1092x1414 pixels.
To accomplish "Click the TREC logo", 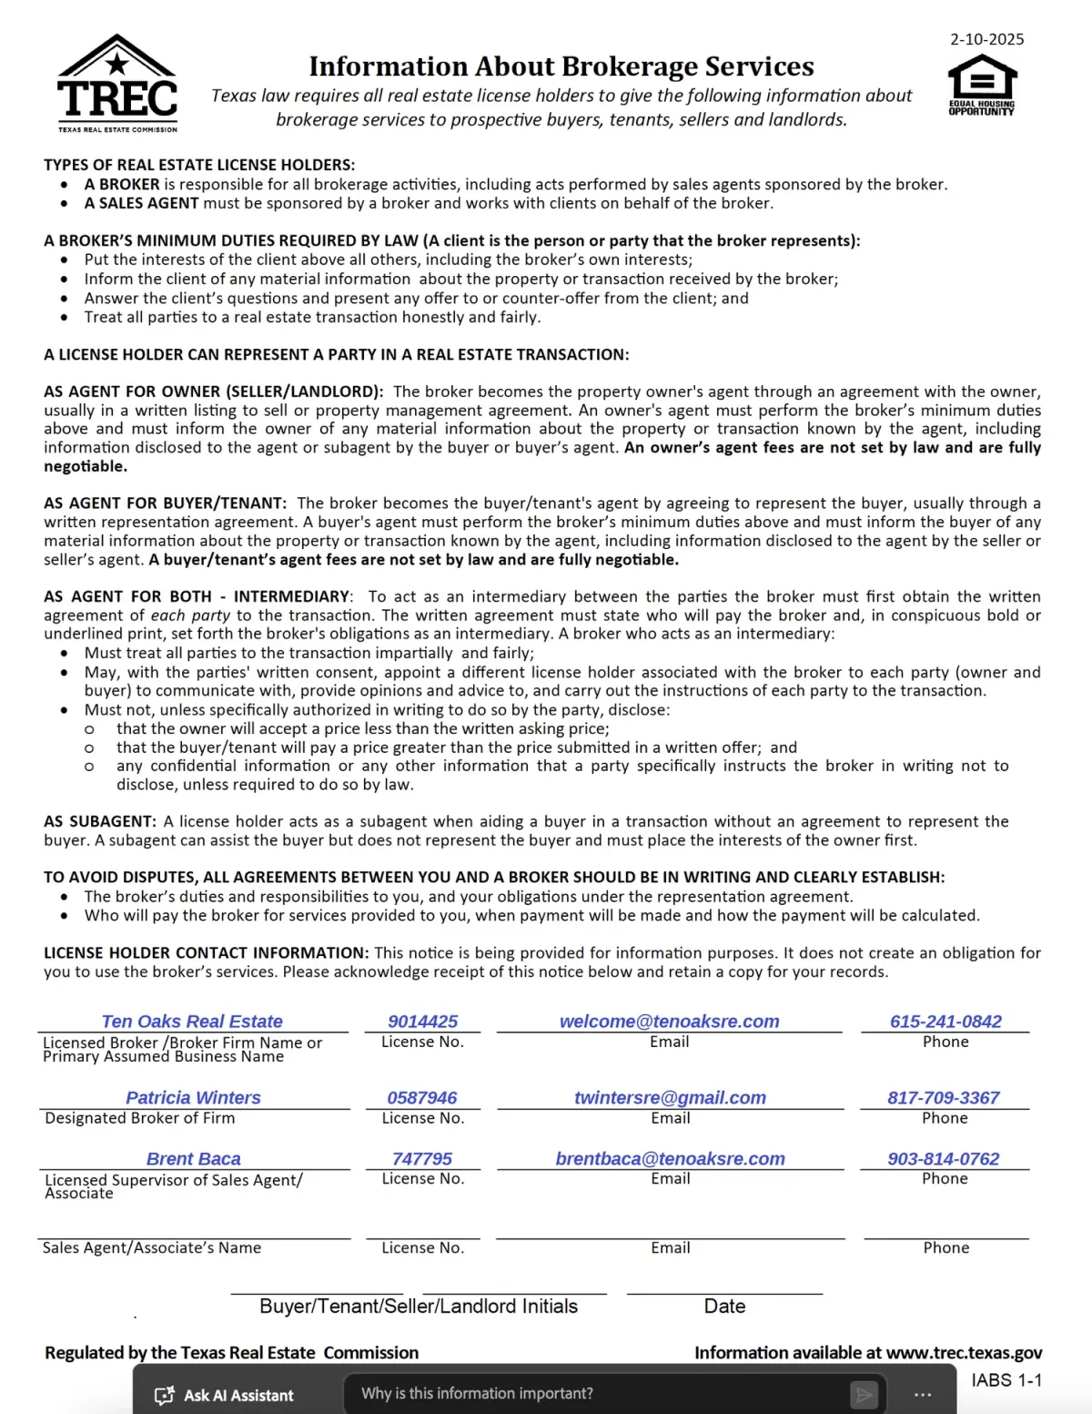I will (x=117, y=84).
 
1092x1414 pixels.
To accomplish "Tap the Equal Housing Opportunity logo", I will (x=982, y=84).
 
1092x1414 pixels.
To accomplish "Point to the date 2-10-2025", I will (x=986, y=39).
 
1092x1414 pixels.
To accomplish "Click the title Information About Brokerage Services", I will (x=561, y=66).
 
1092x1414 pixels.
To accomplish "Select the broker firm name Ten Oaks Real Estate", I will (x=192, y=1022).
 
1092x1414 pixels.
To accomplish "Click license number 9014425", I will (x=422, y=1022).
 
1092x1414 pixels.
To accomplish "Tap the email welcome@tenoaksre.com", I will (x=669, y=1022).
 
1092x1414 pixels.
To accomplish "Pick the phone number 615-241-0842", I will (x=945, y=1022).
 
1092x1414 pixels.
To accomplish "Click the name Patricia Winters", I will (x=193, y=1098).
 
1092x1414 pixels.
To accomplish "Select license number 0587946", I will (x=422, y=1098).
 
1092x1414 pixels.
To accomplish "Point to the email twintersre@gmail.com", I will (x=670, y=1098).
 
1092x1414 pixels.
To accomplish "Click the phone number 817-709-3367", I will (x=944, y=1098).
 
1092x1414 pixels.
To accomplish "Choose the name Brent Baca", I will (x=193, y=1159).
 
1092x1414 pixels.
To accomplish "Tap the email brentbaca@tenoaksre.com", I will (x=670, y=1159).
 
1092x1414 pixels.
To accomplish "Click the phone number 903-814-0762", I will (x=944, y=1159).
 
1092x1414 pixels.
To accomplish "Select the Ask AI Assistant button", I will (x=225, y=1395).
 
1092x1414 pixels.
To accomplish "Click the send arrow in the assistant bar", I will (x=863, y=1394).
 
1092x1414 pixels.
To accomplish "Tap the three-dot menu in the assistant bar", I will (x=923, y=1395).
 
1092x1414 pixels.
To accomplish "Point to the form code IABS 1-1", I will (x=1006, y=1380).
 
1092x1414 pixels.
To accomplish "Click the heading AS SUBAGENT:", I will (x=100, y=821).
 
